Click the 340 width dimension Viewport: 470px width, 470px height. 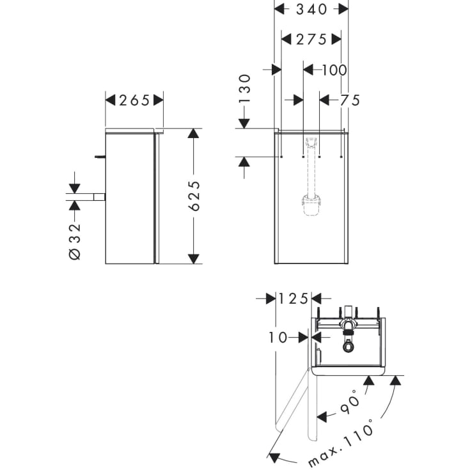(x=311, y=9)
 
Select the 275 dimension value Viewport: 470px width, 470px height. (x=311, y=40)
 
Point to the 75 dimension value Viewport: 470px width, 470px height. (x=350, y=100)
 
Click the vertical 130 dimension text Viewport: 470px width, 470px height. (x=244, y=89)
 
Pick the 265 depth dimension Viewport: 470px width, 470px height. (x=134, y=100)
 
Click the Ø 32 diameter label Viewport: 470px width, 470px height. (x=74, y=240)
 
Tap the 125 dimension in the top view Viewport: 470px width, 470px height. (x=294, y=299)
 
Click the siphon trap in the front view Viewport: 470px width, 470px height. (x=311, y=205)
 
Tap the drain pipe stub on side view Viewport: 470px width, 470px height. (x=98, y=197)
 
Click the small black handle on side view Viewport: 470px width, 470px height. (x=99, y=155)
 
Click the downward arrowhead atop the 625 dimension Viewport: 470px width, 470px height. (x=193, y=134)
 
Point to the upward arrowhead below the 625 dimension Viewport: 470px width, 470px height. (x=193, y=258)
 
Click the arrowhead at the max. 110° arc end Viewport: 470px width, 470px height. (x=274, y=457)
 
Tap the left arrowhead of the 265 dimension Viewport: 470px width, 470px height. (x=110, y=100)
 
